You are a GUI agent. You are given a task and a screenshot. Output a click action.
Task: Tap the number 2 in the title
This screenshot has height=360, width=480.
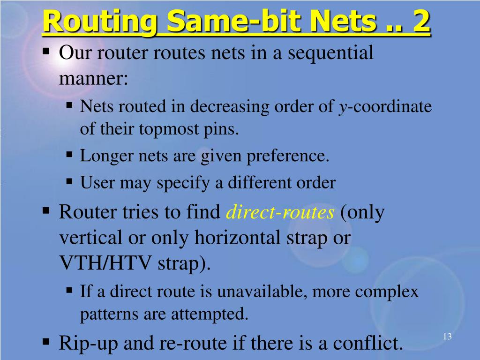pyautogui.click(x=421, y=22)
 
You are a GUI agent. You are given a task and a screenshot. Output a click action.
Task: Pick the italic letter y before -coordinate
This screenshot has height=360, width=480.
pyautogui.click(x=343, y=108)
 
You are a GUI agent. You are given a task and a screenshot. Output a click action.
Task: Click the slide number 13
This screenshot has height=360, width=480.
pyautogui.click(x=447, y=337)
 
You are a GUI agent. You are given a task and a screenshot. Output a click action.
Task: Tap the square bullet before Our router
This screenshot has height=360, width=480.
pyautogui.click(x=46, y=50)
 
